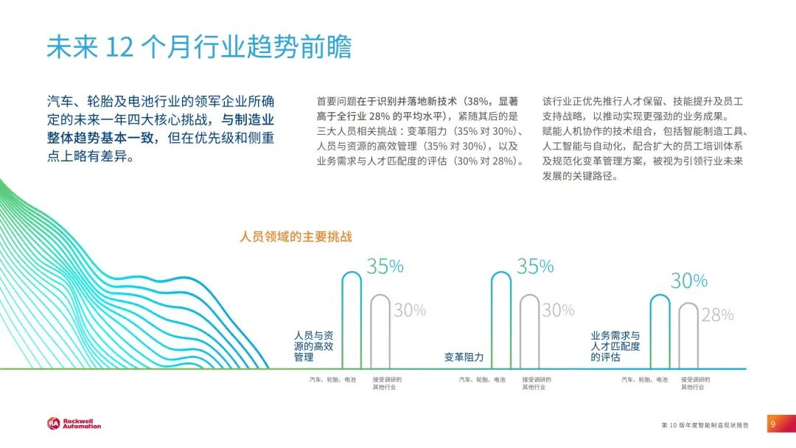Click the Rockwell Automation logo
point(74,424)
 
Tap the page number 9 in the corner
point(773,424)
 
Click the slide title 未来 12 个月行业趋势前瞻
point(199,47)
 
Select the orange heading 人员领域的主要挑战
point(296,237)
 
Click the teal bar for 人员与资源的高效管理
point(352,320)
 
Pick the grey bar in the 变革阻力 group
point(529,332)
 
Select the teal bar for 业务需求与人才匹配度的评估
point(660,332)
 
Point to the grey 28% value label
point(717,315)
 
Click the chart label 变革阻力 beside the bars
point(464,357)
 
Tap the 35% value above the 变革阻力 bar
point(535,266)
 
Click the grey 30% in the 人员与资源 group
point(410,310)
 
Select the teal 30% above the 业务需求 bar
point(689,281)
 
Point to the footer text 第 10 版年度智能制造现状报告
point(705,425)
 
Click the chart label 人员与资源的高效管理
point(313,346)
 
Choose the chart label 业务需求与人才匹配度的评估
point(615,346)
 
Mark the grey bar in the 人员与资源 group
point(380,332)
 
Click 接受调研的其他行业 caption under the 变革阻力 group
point(537,383)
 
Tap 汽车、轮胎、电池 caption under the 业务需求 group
point(644,379)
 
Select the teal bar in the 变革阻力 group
point(501,320)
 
